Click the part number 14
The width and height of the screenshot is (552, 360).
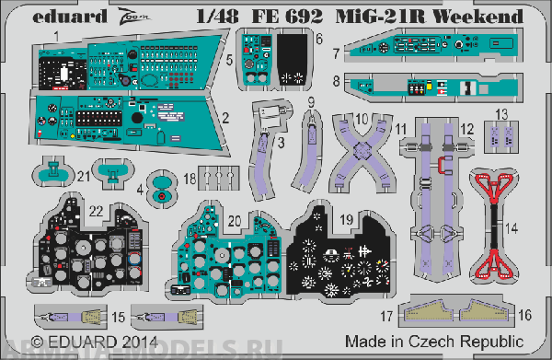pyautogui.click(x=512, y=226)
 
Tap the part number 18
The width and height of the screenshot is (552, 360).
pyautogui.click(x=189, y=177)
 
